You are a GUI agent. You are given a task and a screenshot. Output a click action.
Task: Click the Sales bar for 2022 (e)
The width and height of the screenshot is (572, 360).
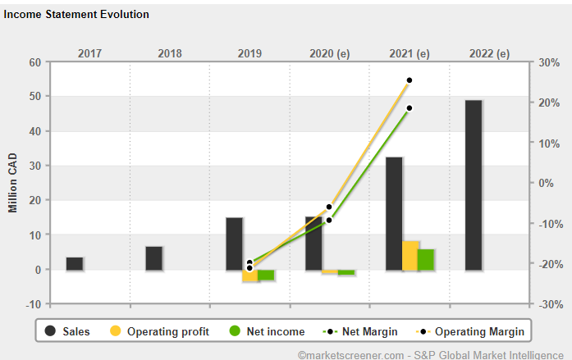point(473,185)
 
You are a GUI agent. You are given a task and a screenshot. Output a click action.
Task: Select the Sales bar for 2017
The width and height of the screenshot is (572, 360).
point(75,263)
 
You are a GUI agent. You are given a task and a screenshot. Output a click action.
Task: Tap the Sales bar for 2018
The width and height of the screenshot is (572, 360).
point(154,258)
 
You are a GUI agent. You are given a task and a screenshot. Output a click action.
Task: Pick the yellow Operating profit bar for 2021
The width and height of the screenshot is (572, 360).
point(410,255)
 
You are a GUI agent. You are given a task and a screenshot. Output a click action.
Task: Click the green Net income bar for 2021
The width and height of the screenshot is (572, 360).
point(426,259)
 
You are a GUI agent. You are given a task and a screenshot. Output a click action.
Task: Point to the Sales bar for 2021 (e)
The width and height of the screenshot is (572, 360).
point(394,213)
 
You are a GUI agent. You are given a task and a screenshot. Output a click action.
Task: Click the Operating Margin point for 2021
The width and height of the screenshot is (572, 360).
point(409,80)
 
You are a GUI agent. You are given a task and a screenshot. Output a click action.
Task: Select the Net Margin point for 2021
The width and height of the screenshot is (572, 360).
point(409,108)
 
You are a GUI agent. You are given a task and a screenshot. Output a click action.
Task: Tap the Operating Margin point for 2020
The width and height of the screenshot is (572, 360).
point(329,207)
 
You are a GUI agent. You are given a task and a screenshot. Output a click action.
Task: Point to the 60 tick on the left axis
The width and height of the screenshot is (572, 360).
point(35,62)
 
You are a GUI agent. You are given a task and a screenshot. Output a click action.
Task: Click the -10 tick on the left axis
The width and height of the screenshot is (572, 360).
point(34,304)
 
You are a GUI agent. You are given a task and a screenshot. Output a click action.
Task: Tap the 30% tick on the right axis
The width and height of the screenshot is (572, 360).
point(547,62)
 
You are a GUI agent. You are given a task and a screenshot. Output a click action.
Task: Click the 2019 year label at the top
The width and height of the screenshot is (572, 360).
point(249,54)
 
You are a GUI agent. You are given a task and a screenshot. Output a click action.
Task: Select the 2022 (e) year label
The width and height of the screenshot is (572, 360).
point(489,54)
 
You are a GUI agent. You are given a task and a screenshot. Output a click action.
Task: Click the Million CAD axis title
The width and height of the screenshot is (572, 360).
point(13,182)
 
